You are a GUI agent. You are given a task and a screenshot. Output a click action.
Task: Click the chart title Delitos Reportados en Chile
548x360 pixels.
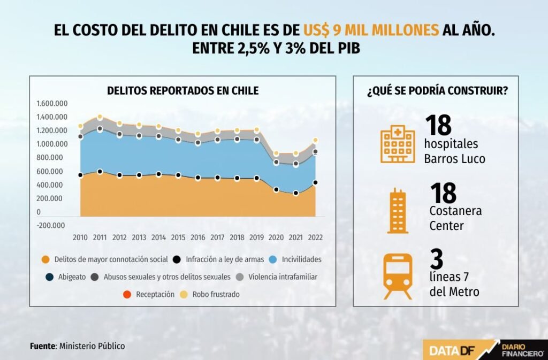pos(182,91)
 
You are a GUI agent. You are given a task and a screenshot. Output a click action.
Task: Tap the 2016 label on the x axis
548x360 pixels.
pos(198,237)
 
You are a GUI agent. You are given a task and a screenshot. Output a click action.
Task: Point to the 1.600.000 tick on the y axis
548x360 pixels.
pos(52,104)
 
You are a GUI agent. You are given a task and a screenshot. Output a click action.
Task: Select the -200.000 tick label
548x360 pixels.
pos(51,225)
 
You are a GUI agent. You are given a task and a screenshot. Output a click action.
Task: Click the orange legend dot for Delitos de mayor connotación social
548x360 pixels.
pos(46,259)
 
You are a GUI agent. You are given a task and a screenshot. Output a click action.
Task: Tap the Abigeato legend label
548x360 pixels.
pos(72,277)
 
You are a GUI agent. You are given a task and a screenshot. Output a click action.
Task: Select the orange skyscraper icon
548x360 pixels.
pos(397,211)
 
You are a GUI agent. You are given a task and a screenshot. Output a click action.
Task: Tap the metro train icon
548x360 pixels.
pos(398,276)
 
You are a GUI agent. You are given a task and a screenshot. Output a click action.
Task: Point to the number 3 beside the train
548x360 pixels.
pos(437,260)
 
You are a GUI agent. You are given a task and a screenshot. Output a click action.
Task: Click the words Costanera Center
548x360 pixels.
pos(455,218)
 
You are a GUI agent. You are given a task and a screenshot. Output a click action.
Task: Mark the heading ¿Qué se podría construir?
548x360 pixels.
pos(437,91)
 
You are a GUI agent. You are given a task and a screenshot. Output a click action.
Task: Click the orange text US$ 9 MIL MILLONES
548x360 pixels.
pos(371,29)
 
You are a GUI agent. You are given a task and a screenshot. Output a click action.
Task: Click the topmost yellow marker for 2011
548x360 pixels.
pos(100,117)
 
